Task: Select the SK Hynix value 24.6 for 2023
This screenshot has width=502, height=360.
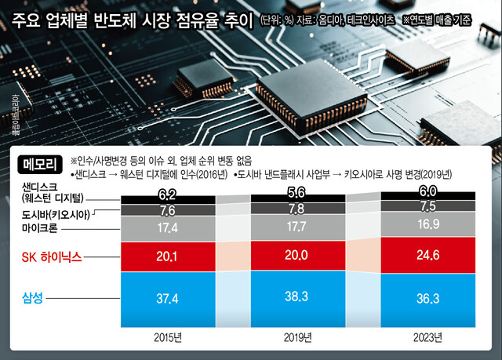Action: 427,256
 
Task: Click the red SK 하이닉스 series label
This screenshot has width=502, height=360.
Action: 51,256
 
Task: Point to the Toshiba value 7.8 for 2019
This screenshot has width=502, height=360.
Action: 296,209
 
